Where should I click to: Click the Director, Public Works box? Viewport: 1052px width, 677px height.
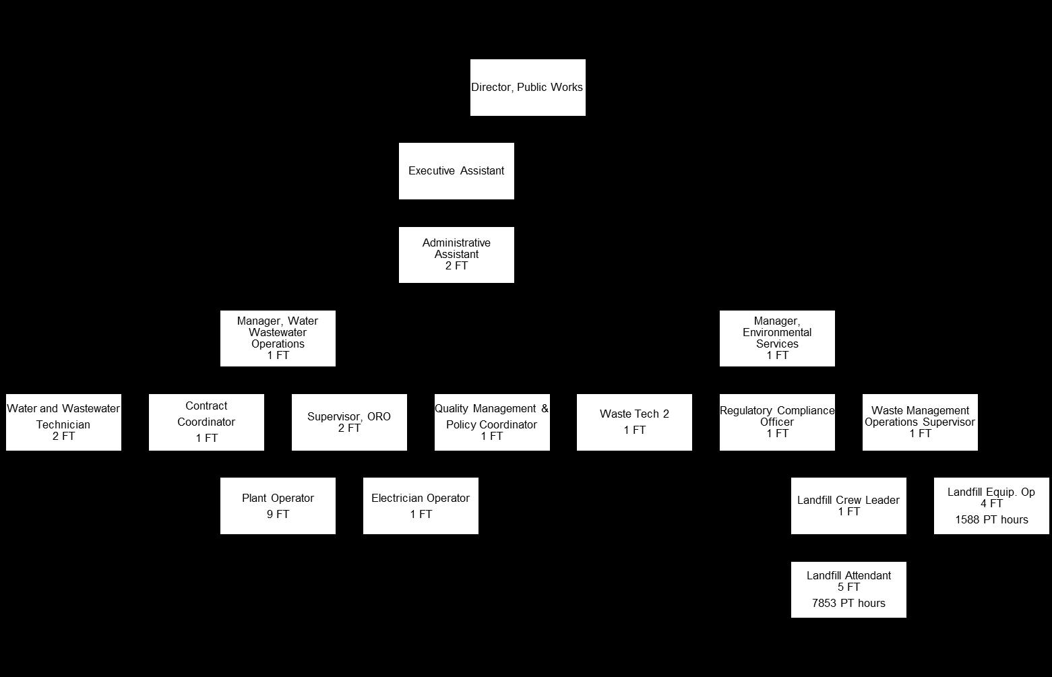coord(528,88)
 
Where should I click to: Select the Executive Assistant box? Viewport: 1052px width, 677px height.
coord(456,171)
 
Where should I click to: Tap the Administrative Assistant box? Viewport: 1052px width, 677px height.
coord(456,255)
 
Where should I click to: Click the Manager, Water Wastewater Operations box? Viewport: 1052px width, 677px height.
coord(278,338)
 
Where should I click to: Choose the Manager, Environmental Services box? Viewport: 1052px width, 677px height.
coord(777,338)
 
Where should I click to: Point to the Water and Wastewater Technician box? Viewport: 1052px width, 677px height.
coord(63,422)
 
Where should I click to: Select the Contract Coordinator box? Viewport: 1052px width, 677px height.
coord(206,422)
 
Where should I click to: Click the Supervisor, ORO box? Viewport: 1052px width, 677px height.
coord(349,422)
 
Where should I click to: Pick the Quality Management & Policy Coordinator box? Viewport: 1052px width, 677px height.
coord(492,422)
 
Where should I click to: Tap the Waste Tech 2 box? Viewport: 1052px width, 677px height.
coord(634,422)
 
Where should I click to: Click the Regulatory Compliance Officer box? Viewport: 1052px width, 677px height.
coord(777,422)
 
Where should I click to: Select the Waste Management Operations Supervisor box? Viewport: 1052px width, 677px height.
coord(920,422)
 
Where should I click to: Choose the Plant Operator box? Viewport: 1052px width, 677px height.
coord(278,506)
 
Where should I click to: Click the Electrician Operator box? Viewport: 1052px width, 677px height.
coord(421,506)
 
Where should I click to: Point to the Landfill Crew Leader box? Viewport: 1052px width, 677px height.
coord(848,506)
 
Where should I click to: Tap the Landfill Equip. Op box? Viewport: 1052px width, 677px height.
coord(991,506)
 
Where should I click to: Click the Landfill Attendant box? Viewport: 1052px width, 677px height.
coord(848,589)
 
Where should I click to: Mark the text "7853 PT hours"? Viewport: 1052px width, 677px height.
coord(848,604)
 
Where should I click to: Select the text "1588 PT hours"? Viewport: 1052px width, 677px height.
coord(991,520)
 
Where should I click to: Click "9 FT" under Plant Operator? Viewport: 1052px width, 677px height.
coord(278,515)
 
